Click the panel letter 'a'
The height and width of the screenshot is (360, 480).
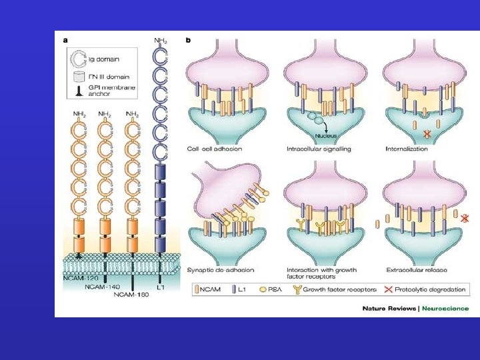[x=65, y=40]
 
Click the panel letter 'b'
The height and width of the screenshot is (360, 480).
[x=189, y=40]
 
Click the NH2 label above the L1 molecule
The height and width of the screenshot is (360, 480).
[x=161, y=41]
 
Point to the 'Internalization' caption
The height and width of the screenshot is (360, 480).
[x=407, y=149]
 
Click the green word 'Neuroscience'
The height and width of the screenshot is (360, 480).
[x=445, y=308]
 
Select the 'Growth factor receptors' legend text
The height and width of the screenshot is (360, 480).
[x=341, y=289]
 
